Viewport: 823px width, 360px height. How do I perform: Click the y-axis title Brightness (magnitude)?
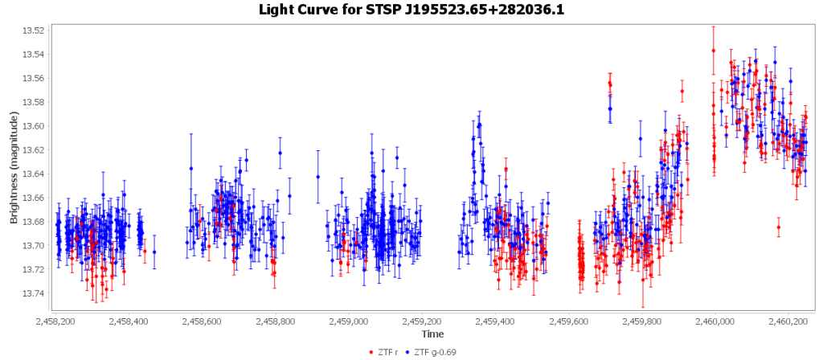(x=14, y=168)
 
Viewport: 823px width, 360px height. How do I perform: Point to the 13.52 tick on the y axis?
(x=33, y=31)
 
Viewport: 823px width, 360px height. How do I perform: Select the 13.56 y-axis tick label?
(x=33, y=79)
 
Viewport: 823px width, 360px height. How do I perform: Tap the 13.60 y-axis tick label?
(x=33, y=126)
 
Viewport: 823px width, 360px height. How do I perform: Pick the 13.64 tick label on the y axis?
(x=33, y=174)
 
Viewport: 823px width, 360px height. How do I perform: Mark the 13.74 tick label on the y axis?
(x=33, y=293)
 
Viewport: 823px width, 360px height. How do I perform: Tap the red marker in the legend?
(x=371, y=351)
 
